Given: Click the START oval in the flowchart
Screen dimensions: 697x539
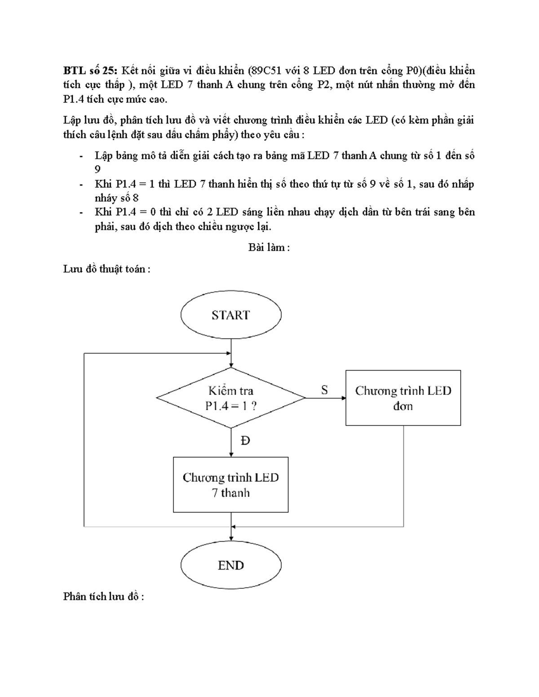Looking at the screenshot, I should click(x=231, y=315).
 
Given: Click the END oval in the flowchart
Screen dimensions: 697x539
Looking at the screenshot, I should click(x=231, y=565).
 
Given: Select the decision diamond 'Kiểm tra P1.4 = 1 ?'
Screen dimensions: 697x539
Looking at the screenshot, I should click(x=231, y=398).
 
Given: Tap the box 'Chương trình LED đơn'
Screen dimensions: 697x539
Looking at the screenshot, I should click(x=403, y=398).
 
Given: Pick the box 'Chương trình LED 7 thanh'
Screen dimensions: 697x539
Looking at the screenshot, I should click(x=231, y=485).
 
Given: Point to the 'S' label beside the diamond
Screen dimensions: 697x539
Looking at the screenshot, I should click(x=324, y=390).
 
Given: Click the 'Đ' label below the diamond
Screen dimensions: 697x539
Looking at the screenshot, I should click(x=245, y=441).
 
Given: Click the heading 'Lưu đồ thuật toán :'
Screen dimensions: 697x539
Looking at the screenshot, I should click(x=106, y=269).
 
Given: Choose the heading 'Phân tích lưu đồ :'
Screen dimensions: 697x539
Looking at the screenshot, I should click(x=103, y=596).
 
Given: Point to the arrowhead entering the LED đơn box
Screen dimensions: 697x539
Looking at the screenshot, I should click(x=343, y=398).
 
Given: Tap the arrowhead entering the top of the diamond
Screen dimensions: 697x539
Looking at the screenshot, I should click(x=231, y=365).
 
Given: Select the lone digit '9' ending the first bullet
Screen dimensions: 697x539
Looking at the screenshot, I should click(x=97, y=170).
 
